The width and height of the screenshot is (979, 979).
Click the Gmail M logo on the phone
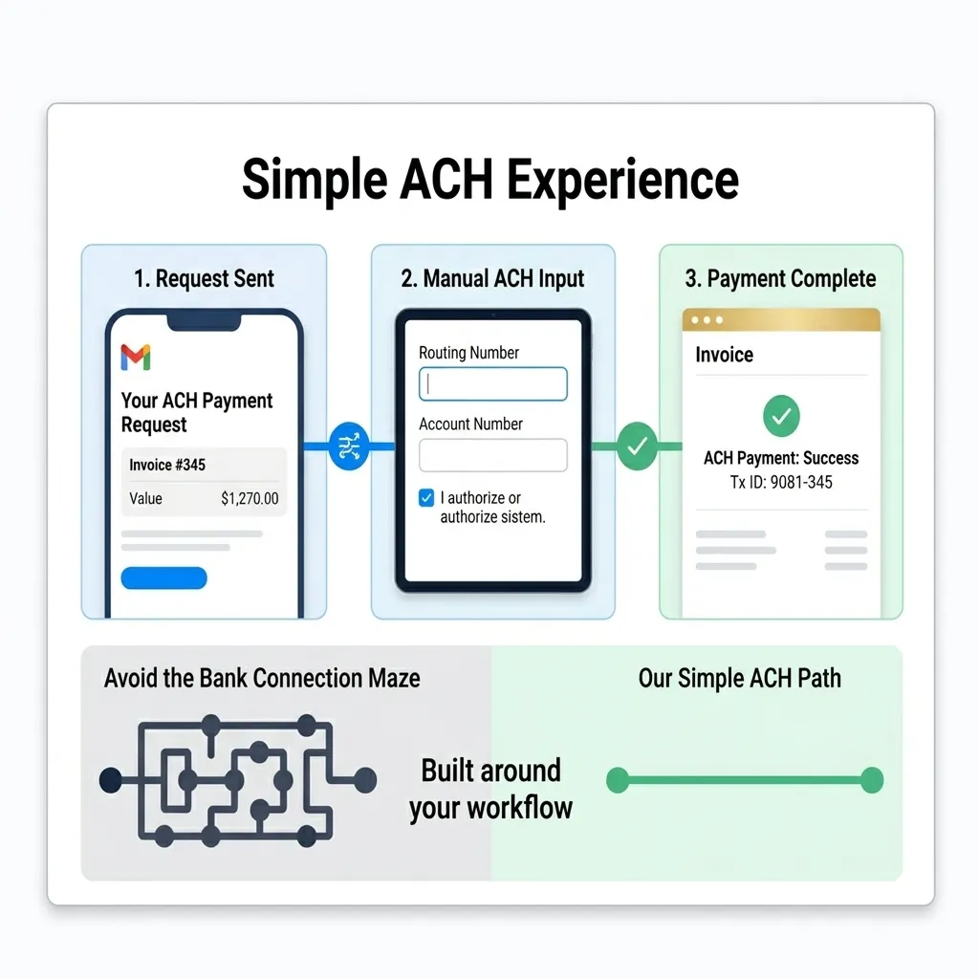coord(136,358)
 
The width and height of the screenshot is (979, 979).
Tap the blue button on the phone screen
coord(163,578)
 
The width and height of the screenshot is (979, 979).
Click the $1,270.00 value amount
coord(250,498)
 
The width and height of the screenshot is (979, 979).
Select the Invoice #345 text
coord(167,465)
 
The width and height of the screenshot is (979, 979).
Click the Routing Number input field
coord(493,384)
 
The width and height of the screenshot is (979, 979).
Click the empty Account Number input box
coord(493,455)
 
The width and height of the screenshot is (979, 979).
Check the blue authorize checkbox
coord(426,497)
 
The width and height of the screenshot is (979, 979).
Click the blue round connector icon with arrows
coord(348,446)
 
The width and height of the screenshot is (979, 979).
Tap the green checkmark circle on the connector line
coord(638,446)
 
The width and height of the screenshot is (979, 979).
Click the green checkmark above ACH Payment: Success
coord(781,416)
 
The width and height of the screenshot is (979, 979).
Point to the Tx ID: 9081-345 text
coord(781,482)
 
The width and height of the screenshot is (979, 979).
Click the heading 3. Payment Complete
coord(780,278)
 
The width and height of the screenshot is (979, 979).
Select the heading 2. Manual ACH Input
coord(492,278)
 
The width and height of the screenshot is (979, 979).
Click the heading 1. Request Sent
coord(205,278)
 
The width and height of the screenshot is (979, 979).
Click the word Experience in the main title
coord(622,181)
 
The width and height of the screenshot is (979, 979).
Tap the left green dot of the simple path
coord(618,780)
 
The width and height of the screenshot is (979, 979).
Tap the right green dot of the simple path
coord(872,780)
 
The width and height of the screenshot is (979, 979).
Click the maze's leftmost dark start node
coord(111,780)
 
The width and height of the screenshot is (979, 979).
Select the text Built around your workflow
coord(490,789)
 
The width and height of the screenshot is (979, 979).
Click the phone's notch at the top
coord(205,321)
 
